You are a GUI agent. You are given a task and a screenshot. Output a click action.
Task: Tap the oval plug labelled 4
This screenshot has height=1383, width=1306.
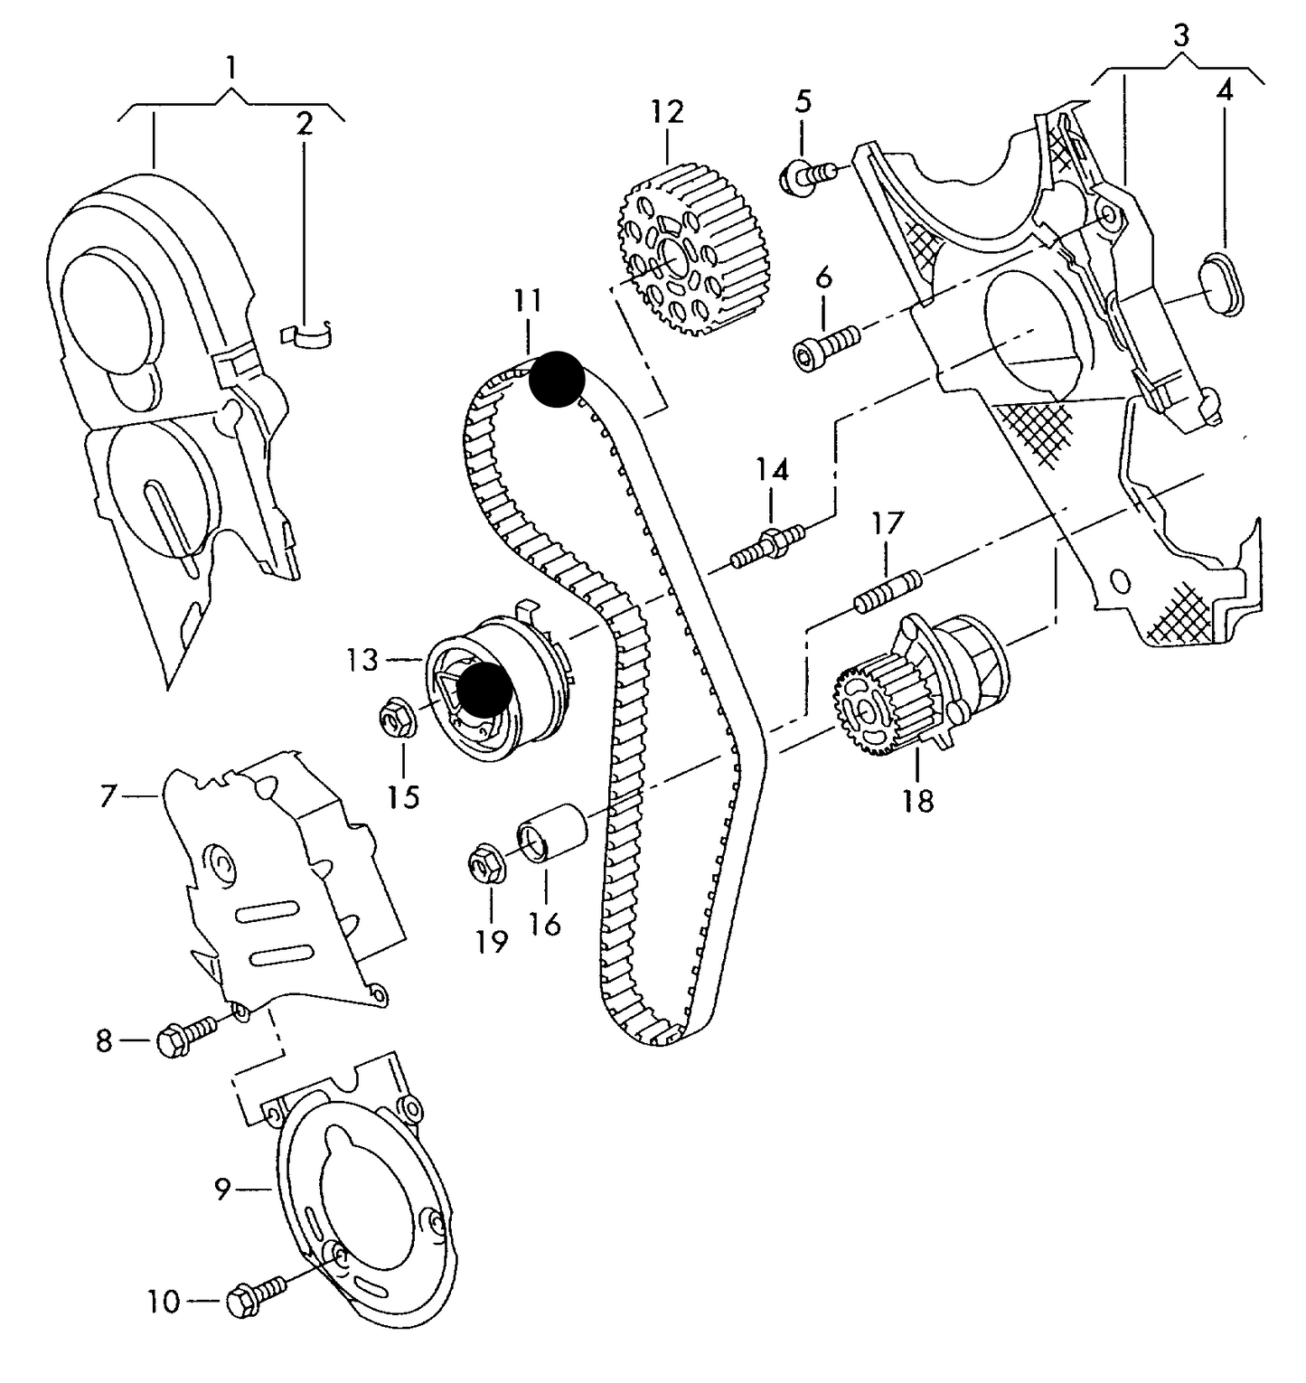pyautogui.click(x=1226, y=285)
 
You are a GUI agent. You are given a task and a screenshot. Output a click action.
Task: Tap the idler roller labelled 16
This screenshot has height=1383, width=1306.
pyautogui.click(x=552, y=833)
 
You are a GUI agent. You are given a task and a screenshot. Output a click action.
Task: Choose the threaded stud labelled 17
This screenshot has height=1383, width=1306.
pyautogui.click(x=887, y=590)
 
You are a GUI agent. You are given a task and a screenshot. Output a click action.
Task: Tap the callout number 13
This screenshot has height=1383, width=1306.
pyautogui.click(x=363, y=660)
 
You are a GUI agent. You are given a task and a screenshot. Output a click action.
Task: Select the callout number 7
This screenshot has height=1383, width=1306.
pyautogui.click(x=108, y=796)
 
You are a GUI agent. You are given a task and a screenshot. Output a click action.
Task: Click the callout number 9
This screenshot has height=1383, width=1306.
pyautogui.click(x=223, y=1190)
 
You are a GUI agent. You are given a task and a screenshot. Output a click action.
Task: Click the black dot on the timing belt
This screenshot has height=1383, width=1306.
pyautogui.click(x=557, y=378)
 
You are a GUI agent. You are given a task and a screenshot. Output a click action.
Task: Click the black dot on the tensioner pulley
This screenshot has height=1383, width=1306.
pyautogui.click(x=484, y=690)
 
